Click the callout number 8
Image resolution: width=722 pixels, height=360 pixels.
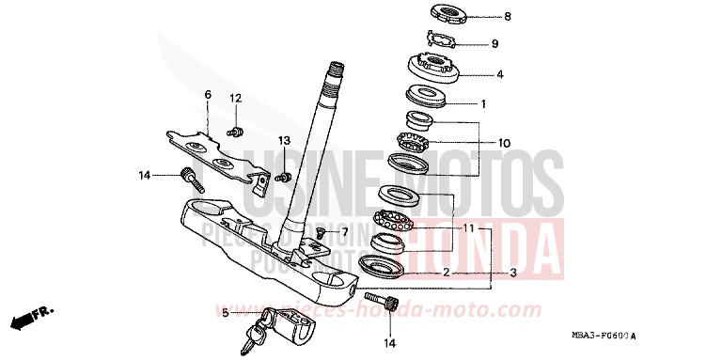click(507, 16)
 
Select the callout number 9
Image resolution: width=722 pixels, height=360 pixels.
click(494, 44)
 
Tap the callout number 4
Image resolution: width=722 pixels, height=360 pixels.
click(500, 73)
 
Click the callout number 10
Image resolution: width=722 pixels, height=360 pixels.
click(504, 143)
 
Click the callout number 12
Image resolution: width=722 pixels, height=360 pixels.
click(237, 98)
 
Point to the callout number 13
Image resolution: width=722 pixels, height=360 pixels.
click(283, 140)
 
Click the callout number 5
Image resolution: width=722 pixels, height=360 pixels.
click(225, 313)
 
